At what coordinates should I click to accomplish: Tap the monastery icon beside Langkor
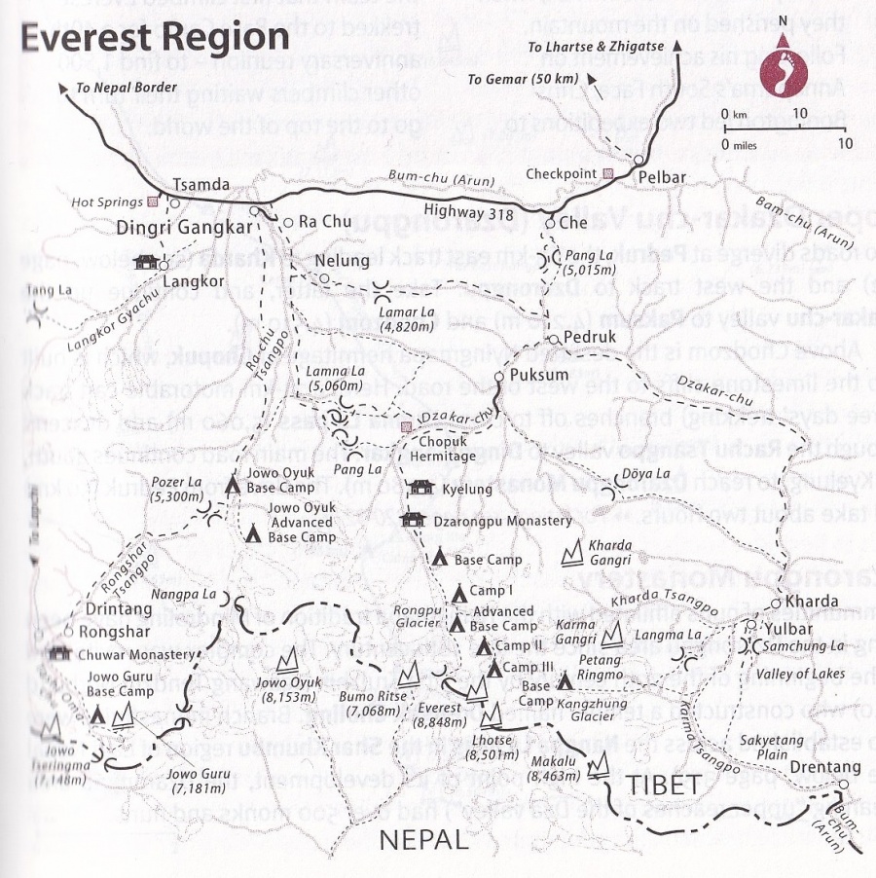(147, 262)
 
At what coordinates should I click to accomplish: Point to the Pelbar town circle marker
(639, 161)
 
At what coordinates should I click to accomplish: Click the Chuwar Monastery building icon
(64, 652)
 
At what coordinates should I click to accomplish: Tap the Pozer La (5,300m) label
(178, 490)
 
